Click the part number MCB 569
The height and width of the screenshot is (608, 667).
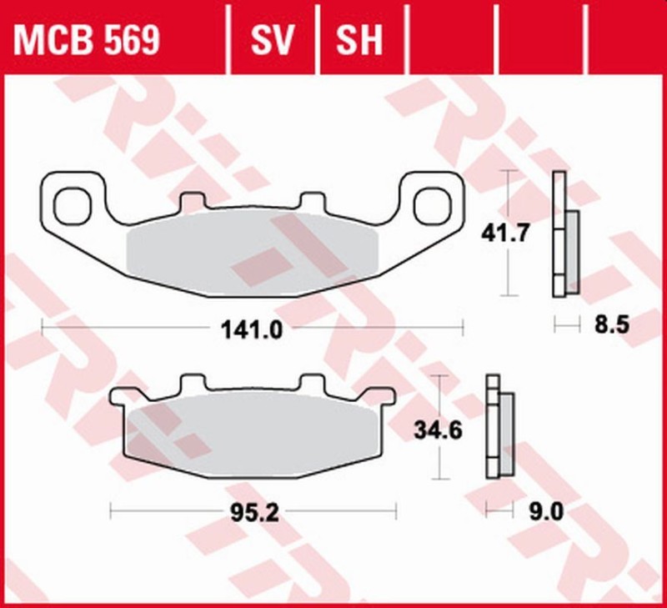(85, 40)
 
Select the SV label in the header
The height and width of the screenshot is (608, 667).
(273, 40)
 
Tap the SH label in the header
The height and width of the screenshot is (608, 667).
(359, 40)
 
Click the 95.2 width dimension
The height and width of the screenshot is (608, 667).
(252, 510)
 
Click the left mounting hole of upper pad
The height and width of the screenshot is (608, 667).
(73, 204)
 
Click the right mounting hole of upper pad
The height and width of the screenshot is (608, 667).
(432, 204)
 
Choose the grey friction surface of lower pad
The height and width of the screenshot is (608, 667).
(252, 434)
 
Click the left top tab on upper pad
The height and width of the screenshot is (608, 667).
(193, 201)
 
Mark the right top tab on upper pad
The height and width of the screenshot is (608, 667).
(312, 201)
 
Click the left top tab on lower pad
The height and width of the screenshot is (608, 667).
(193, 384)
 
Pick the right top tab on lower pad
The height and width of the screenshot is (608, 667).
(312, 384)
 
